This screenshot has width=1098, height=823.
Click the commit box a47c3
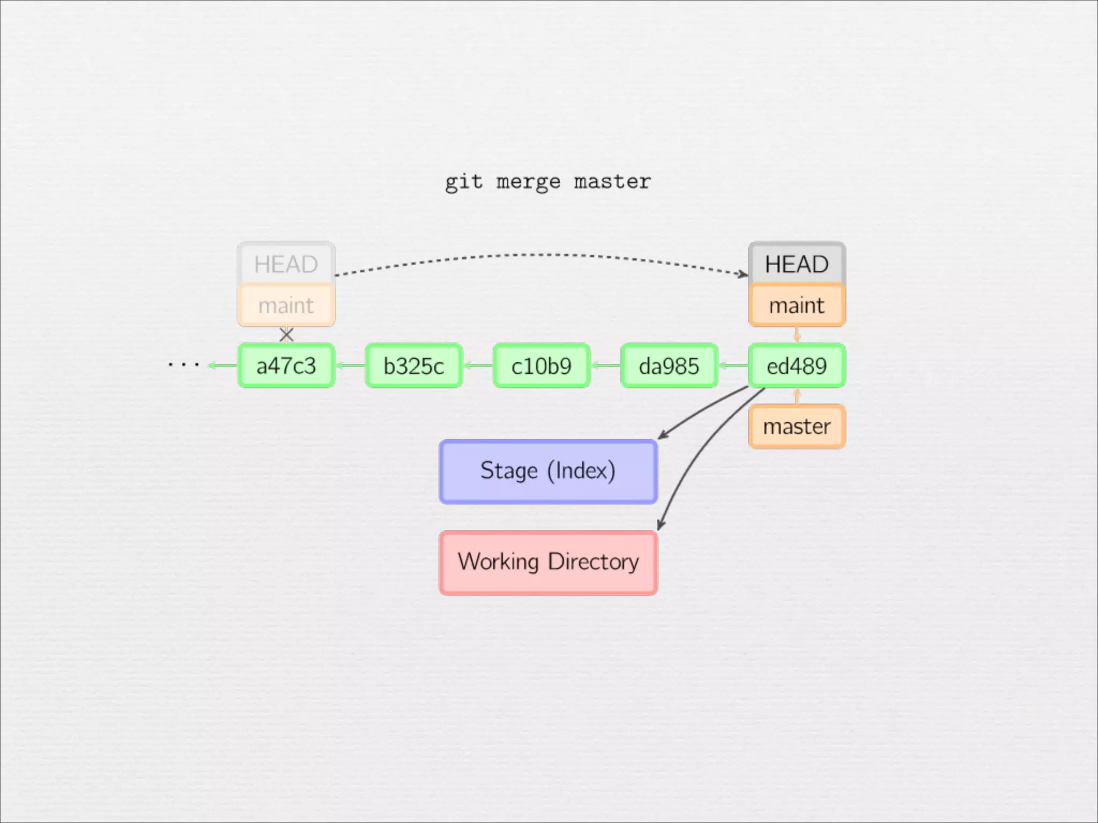tap(286, 366)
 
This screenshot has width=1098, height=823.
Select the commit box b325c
tap(413, 366)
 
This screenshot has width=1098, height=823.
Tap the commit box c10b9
tap(541, 366)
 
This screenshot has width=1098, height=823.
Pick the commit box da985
tap(669, 366)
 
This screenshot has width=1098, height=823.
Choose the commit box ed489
tap(797, 366)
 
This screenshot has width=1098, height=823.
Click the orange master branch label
tap(797, 427)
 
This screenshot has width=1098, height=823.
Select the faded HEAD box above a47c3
tap(286, 264)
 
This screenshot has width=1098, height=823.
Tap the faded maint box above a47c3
tap(286, 305)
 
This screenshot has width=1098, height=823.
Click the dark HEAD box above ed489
tap(797, 264)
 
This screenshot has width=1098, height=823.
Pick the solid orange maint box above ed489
tap(797, 305)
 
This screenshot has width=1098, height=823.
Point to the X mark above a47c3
tap(287, 335)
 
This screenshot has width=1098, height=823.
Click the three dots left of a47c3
tap(184, 365)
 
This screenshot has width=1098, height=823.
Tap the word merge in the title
tap(528, 182)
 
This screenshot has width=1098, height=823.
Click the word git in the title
tap(464, 182)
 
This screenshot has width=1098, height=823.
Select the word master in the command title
tap(612, 182)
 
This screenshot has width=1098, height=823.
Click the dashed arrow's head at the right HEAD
tap(744, 274)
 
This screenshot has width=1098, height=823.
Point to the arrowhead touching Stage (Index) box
tap(663, 435)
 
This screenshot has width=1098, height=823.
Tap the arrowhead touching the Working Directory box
tap(660, 526)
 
